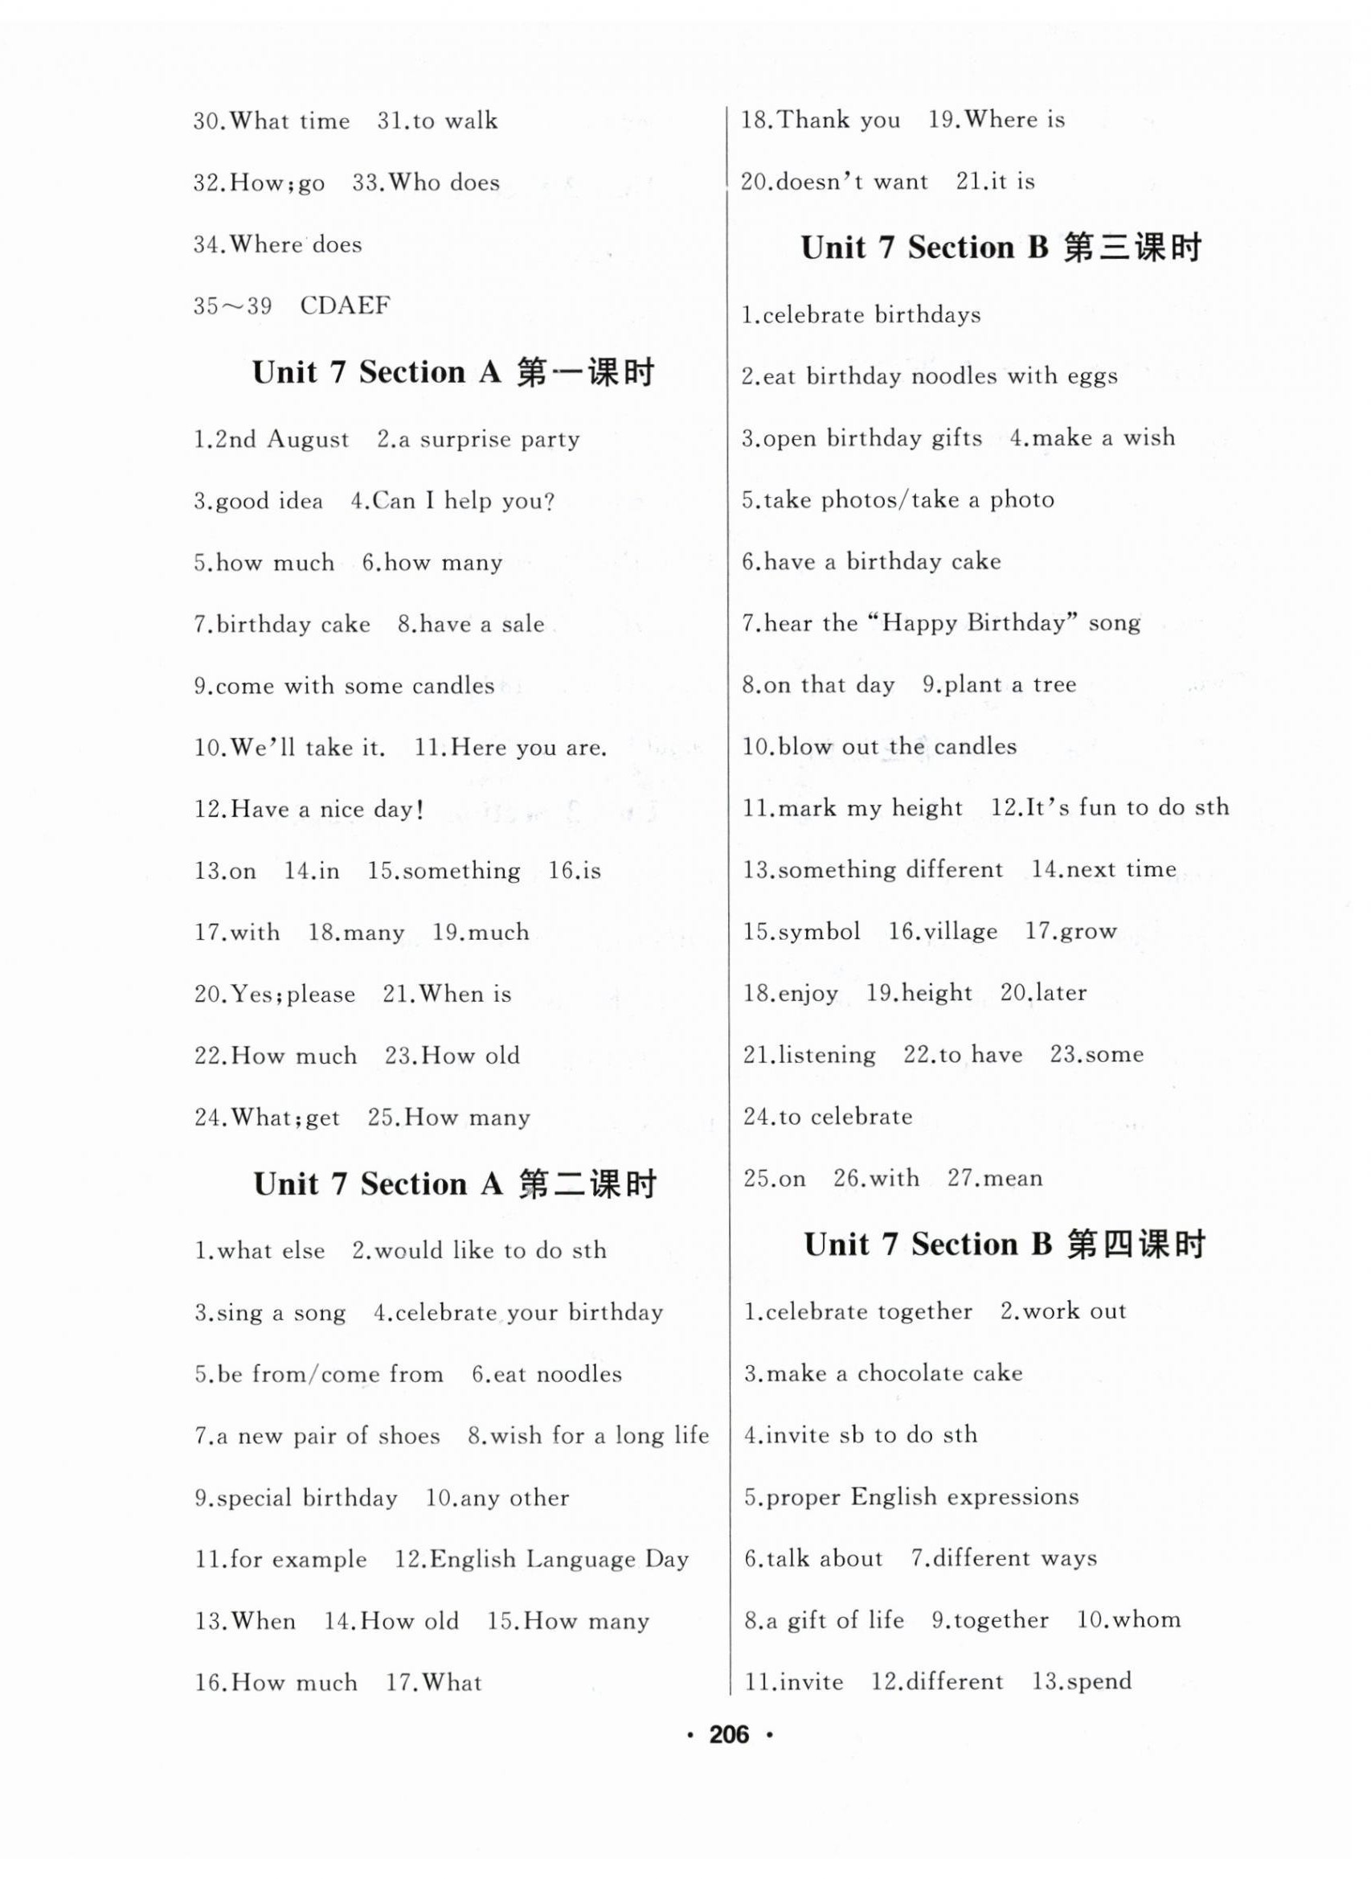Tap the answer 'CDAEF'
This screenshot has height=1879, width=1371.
pos(345,306)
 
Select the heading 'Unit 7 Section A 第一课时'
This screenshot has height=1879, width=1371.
pos(453,373)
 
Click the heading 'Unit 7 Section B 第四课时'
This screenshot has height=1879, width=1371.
pos(1005,1244)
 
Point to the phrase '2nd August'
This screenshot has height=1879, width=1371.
pos(282,439)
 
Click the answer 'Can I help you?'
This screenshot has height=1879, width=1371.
pos(463,501)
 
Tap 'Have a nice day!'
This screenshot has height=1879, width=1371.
pos(328,809)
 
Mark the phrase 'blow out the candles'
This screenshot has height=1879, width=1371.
pos(896,746)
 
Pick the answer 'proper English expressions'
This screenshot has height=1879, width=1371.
pos(922,1497)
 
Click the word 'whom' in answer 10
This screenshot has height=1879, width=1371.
pos(1146,1620)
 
